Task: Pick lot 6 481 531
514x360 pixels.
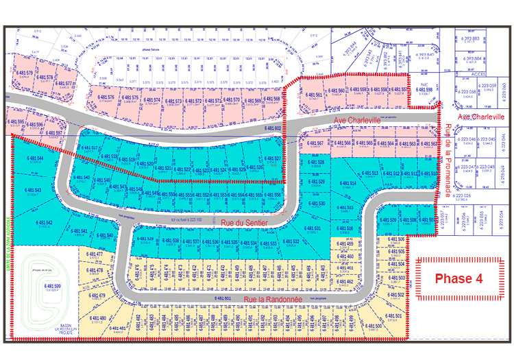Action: (313, 228)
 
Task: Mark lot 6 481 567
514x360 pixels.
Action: (315, 143)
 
